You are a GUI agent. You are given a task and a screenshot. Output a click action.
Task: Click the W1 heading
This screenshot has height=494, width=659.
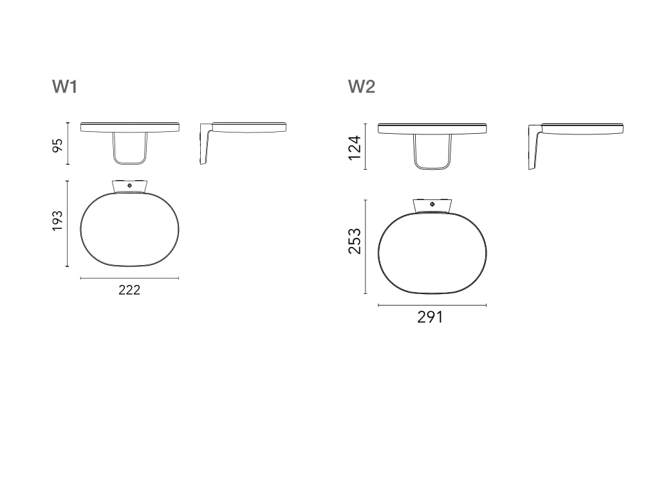pyautogui.click(x=65, y=87)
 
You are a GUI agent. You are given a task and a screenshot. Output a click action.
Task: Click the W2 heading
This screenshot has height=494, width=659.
pyautogui.click(x=362, y=87)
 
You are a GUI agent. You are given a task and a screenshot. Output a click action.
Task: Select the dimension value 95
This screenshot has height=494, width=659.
pyautogui.click(x=57, y=145)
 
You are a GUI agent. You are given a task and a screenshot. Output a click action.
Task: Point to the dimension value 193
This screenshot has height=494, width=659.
pyautogui.click(x=57, y=221)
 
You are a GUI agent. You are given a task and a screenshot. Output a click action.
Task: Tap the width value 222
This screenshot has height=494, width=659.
pyautogui.click(x=129, y=290)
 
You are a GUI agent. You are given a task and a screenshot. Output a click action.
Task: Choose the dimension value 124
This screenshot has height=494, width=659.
pyautogui.click(x=355, y=147)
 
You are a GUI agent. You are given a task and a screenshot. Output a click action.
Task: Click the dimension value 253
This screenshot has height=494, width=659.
pyautogui.click(x=355, y=241)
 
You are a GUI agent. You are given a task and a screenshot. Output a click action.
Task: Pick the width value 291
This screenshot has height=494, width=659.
pyautogui.click(x=430, y=317)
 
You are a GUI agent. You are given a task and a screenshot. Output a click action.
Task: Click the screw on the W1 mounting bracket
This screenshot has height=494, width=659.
pyautogui.click(x=129, y=185)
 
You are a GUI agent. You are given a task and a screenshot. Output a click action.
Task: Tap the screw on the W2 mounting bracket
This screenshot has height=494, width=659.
pyautogui.click(x=432, y=204)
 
